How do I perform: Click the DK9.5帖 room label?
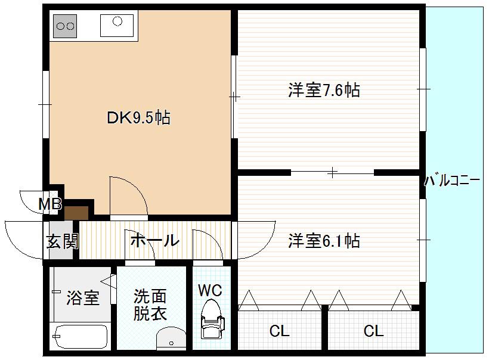point(138,118)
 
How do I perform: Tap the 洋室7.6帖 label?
point(324,90)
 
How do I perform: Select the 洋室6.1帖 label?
point(324,241)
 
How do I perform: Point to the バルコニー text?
point(452,181)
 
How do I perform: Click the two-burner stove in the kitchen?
point(65,26)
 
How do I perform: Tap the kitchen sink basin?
point(117,25)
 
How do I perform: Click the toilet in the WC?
point(212,318)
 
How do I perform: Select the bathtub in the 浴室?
point(81,337)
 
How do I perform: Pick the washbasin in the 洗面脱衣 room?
point(171,339)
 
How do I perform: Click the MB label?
point(50,204)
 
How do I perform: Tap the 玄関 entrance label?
point(62,241)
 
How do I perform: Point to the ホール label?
point(154,241)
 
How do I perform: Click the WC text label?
point(210,290)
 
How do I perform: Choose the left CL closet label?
point(280,331)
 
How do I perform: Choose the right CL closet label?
point(373,331)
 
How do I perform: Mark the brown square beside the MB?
point(76,213)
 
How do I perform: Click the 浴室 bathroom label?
point(83,297)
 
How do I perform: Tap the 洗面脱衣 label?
point(150,305)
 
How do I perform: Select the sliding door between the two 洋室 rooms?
point(332,172)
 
